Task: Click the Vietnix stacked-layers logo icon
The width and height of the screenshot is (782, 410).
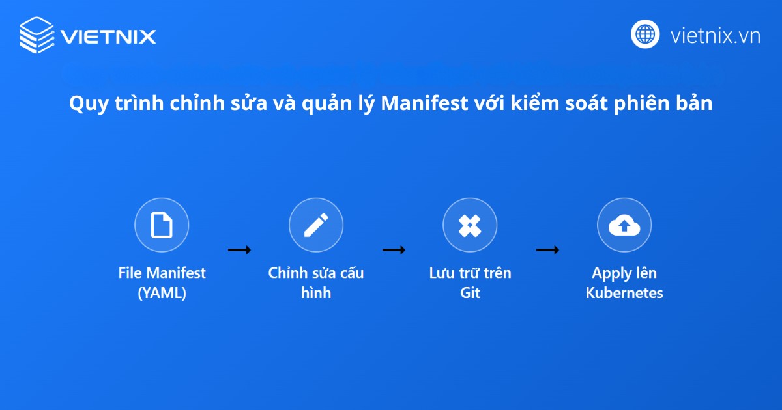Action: coord(36,34)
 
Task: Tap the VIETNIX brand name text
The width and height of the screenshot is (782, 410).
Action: coord(108,36)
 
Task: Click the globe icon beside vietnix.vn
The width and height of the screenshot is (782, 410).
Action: coord(645,34)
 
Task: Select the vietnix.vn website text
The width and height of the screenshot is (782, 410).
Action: coord(715,35)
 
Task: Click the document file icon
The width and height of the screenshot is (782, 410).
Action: coord(162,225)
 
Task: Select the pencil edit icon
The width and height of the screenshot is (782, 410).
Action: coord(316,225)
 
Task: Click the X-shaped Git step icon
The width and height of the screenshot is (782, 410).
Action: coord(470,225)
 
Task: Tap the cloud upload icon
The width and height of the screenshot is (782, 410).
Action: coord(624,225)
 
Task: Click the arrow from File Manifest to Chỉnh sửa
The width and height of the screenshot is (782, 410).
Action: coord(239,249)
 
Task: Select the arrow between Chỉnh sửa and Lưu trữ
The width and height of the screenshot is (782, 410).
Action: coord(394,249)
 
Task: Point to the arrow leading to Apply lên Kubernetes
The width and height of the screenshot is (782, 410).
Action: coord(547,249)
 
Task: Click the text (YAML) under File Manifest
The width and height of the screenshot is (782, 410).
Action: coord(162,293)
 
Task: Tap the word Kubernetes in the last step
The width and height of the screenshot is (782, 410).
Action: coord(624,293)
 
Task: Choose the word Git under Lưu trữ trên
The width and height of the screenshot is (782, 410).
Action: coord(470,293)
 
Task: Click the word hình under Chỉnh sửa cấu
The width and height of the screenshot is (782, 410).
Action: coord(316,293)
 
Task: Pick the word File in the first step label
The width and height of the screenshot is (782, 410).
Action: coord(130,273)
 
